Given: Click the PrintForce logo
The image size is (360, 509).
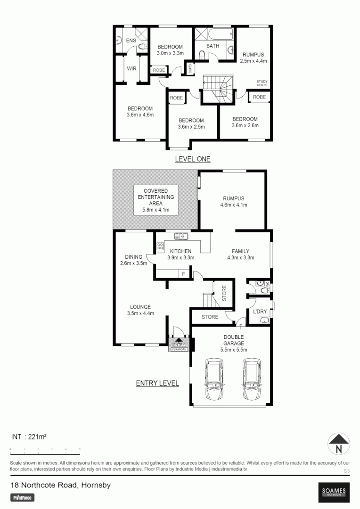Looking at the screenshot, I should click(23, 497).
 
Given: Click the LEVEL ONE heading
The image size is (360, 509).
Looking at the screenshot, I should click(192, 159).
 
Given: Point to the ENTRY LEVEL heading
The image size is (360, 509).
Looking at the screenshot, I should click(157, 383).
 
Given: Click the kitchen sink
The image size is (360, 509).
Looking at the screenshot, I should click(181, 236).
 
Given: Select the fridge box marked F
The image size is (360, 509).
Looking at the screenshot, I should click(183, 274).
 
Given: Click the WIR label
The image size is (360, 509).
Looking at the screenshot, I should click(132, 68).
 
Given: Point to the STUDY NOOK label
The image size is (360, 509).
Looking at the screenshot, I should click(262, 83).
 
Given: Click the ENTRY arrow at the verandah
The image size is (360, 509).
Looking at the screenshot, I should click(180, 342).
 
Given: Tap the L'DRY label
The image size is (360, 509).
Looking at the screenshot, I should click(260, 312).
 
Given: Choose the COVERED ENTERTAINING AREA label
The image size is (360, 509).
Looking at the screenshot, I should click(155, 200).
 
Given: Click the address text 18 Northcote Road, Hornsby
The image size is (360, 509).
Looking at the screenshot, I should click(60, 485).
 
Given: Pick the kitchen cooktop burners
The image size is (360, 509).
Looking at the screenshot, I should click(160, 246).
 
